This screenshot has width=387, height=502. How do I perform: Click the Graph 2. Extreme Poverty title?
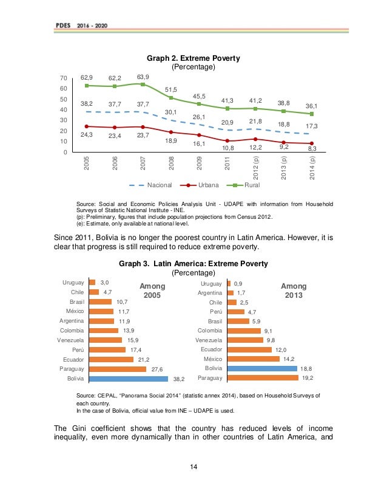(x=193, y=58)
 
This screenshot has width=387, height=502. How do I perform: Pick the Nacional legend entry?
(x=151, y=185)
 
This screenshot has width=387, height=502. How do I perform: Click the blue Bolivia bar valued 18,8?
(x=262, y=368)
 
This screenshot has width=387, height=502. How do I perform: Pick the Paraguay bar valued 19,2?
(x=263, y=378)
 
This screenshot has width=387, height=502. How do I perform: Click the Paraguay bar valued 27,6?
(x=118, y=368)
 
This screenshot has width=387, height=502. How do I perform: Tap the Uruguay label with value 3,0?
(x=73, y=283)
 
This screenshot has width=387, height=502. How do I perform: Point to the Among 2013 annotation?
(x=294, y=291)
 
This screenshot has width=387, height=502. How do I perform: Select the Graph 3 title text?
(x=193, y=264)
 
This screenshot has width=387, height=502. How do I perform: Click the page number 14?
(x=192, y=466)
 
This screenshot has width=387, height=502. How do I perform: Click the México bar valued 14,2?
(x=253, y=359)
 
